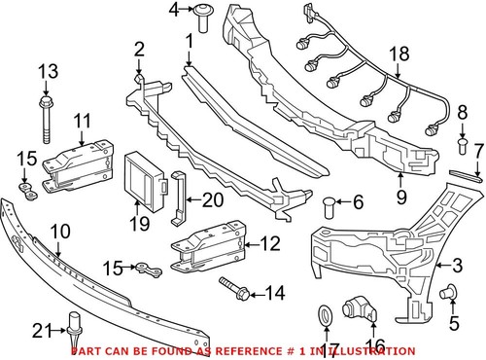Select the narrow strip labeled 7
[465, 174]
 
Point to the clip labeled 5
[450, 290]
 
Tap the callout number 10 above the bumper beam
[59, 232]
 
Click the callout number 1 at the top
[187, 41]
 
